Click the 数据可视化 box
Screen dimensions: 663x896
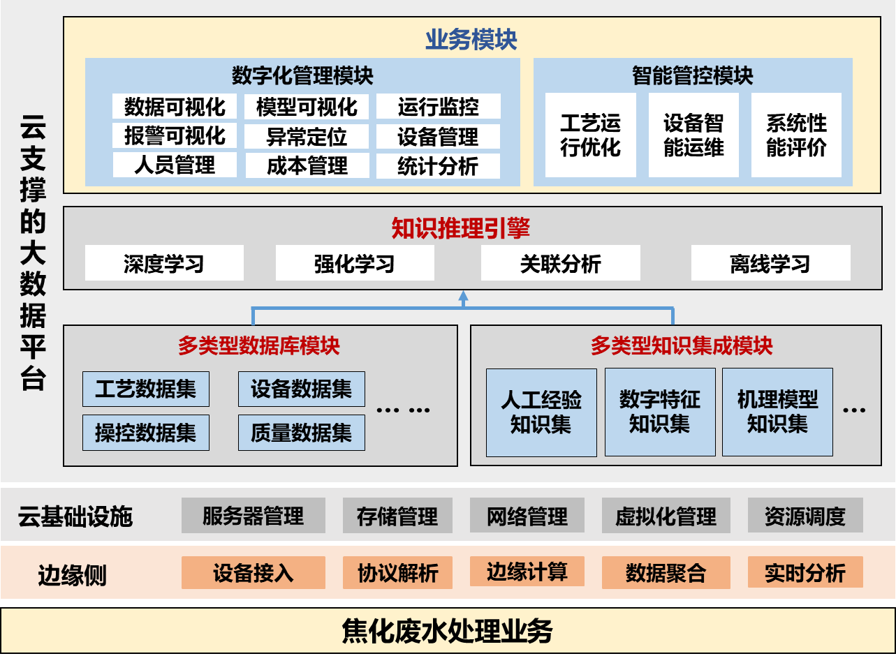click(175, 107)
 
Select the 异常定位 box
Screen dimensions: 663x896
click(307, 136)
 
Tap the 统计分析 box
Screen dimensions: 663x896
click(438, 166)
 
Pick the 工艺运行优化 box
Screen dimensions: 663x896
click(590, 135)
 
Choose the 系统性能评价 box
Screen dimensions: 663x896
click(796, 135)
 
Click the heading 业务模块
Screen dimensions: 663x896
click(471, 40)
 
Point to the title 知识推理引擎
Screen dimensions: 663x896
click(460, 228)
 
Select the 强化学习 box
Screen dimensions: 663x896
click(355, 264)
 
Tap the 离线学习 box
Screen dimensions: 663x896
click(770, 264)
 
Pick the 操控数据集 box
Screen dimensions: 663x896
click(146, 433)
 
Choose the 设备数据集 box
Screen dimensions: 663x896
click(301, 389)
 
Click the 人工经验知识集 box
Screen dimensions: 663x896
click(541, 412)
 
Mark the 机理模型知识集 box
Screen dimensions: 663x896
click(777, 412)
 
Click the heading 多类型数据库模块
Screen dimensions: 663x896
click(259, 345)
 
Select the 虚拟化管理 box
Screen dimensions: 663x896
click(666, 516)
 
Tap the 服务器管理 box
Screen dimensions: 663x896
click(253, 516)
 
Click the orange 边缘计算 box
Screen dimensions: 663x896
click(527, 572)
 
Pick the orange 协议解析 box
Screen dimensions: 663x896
click(397, 572)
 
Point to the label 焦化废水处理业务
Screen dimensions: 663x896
click(447, 631)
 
